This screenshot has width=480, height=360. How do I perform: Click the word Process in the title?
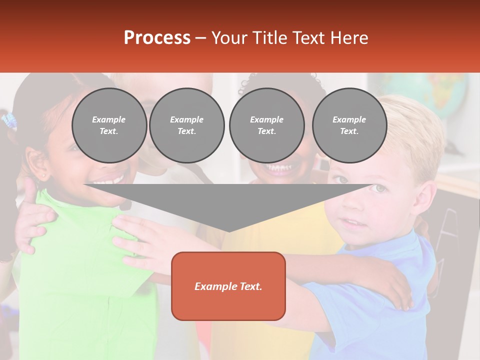[x=157, y=38]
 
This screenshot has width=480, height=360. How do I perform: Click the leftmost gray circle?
[x=109, y=125]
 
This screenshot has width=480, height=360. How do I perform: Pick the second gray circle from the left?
[x=187, y=125]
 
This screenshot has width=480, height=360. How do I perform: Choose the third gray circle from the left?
[x=267, y=125]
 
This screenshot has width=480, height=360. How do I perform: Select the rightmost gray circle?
[x=349, y=125]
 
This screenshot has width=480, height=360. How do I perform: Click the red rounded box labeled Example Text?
[x=228, y=286]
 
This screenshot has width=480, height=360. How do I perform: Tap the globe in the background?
[x=440, y=95]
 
